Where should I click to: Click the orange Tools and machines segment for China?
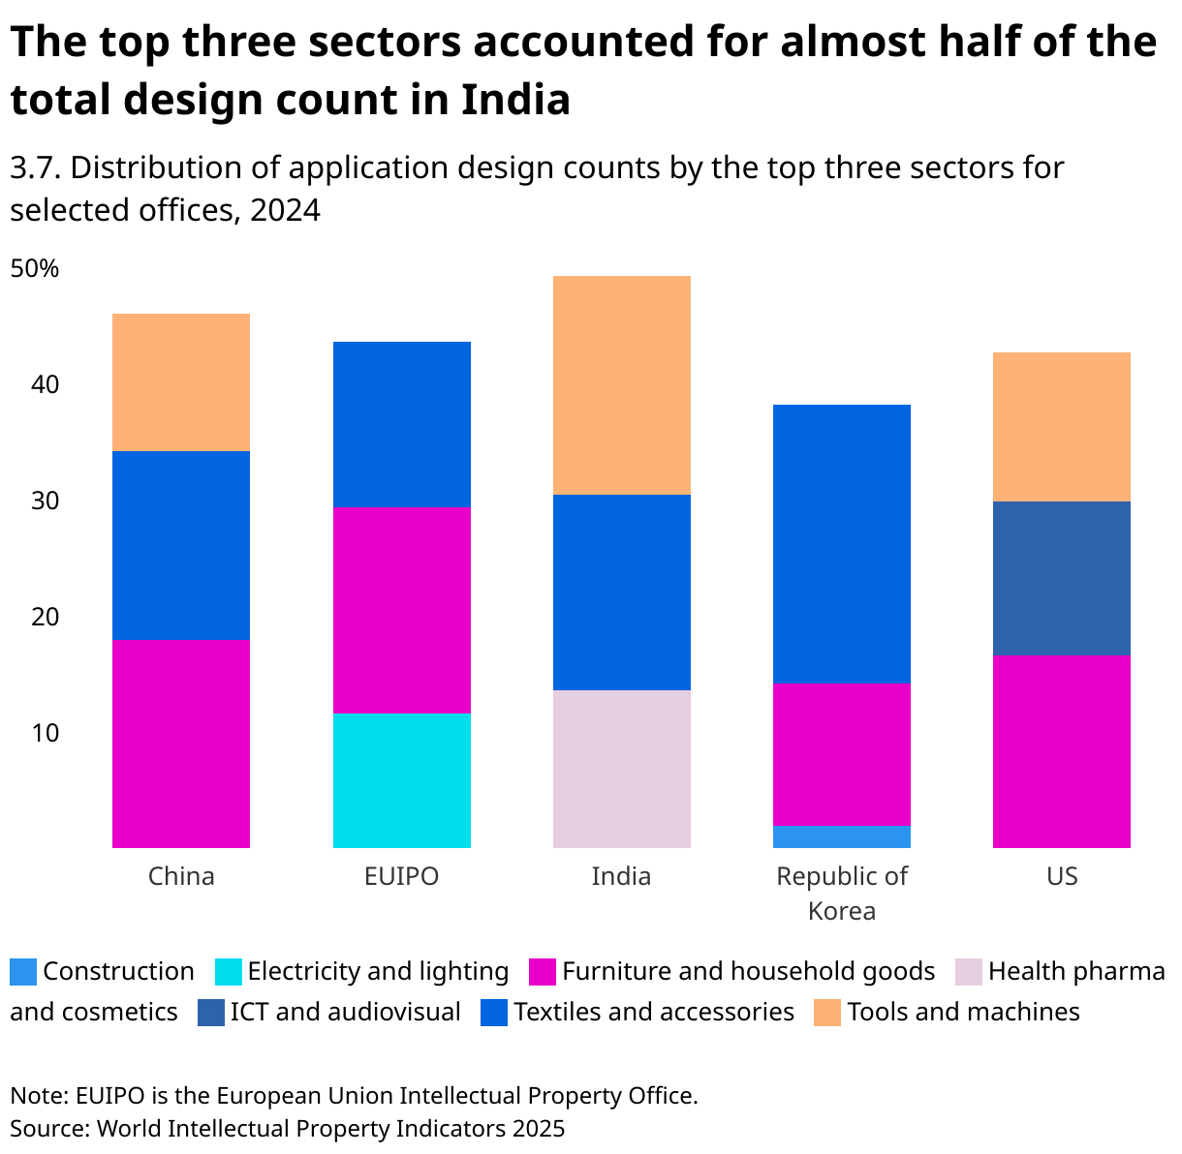[181, 382]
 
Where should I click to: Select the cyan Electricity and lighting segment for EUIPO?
[401, 780]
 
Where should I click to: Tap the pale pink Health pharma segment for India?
[621, 769]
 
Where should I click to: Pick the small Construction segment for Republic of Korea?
[841, 836]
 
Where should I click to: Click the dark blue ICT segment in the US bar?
[1061, 578]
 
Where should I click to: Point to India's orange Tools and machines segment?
[621, 385]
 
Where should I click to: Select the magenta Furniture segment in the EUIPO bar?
[401, 610]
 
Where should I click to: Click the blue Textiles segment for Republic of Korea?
[841, 543]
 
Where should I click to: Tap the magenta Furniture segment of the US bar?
[1061, 751]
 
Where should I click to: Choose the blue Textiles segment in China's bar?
[181, 545]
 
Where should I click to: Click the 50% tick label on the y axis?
[35, 268]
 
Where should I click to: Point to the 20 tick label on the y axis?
[45, 617]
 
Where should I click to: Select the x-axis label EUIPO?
[401, 876]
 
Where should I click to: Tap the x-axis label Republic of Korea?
[841, 893]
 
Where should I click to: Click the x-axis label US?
[1061, 876]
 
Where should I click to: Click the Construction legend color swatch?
[23, 972]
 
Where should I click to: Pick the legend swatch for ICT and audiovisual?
[210, 1013]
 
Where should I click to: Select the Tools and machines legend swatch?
[827, 1013]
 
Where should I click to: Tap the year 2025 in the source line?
[539, 1128]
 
